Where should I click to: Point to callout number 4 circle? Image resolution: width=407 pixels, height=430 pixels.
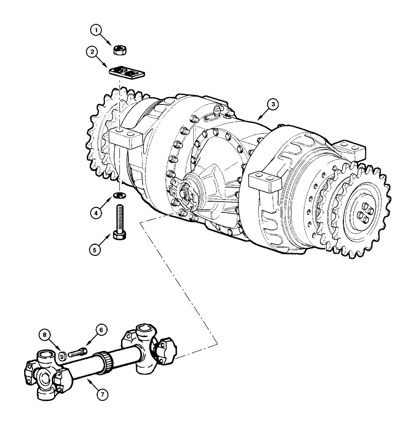coord(97,212)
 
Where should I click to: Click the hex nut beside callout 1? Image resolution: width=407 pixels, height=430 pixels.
coord(119,50)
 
